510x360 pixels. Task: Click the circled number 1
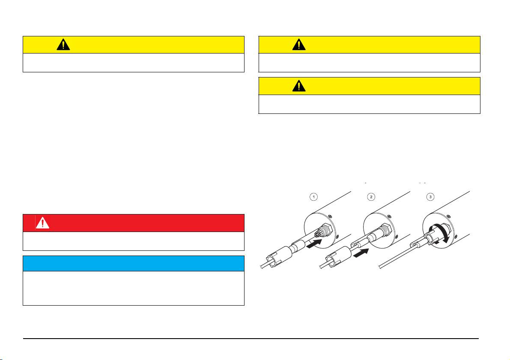click(x=313, y=197)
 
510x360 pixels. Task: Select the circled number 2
click(x=371, y=197)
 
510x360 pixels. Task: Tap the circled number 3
click(x=431, y=197)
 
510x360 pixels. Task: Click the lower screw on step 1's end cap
click(x=337, y=236)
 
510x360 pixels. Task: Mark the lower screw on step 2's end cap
click(x=396, y=236)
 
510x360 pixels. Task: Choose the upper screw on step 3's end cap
click(x=448, y=216)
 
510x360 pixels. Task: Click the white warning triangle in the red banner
click(x=42, y=223)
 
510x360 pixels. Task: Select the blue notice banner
click(x=133, y=263)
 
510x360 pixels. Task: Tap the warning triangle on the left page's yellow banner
click(x=63, y=45)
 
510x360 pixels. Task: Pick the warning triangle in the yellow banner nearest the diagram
click(x=299, y=86)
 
